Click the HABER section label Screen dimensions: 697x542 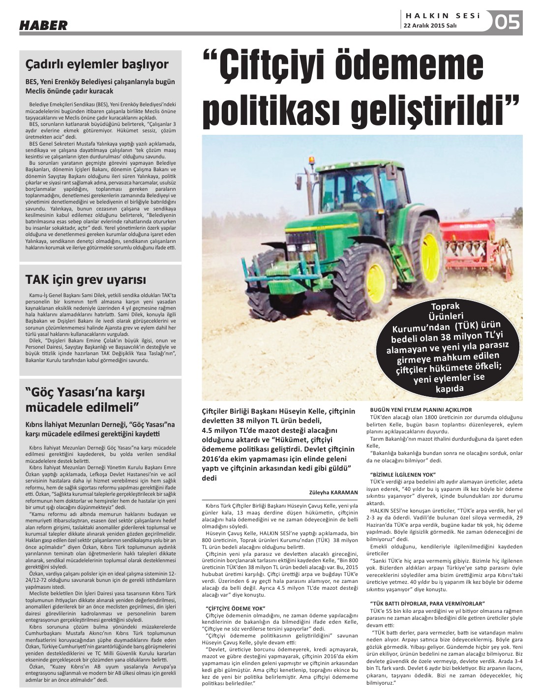click(x=43, y=25)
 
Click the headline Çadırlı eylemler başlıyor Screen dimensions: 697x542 click(x=97, y=64)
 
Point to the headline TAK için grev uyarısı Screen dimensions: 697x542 click(x=86, y=280)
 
